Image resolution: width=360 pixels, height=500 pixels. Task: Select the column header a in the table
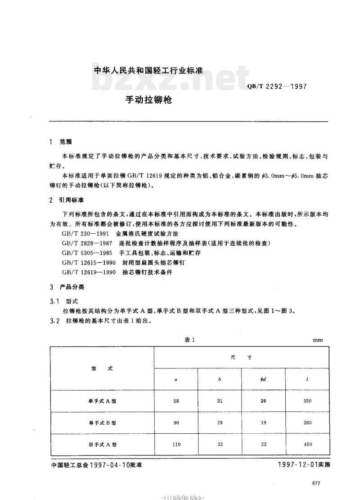176,380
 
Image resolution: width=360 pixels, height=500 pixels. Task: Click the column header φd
264,380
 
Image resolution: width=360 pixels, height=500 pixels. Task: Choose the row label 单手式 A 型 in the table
102,401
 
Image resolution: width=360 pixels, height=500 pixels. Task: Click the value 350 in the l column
307,401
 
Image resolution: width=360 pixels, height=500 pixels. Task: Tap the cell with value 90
176,423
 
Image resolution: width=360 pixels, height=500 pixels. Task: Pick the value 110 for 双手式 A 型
176,444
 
